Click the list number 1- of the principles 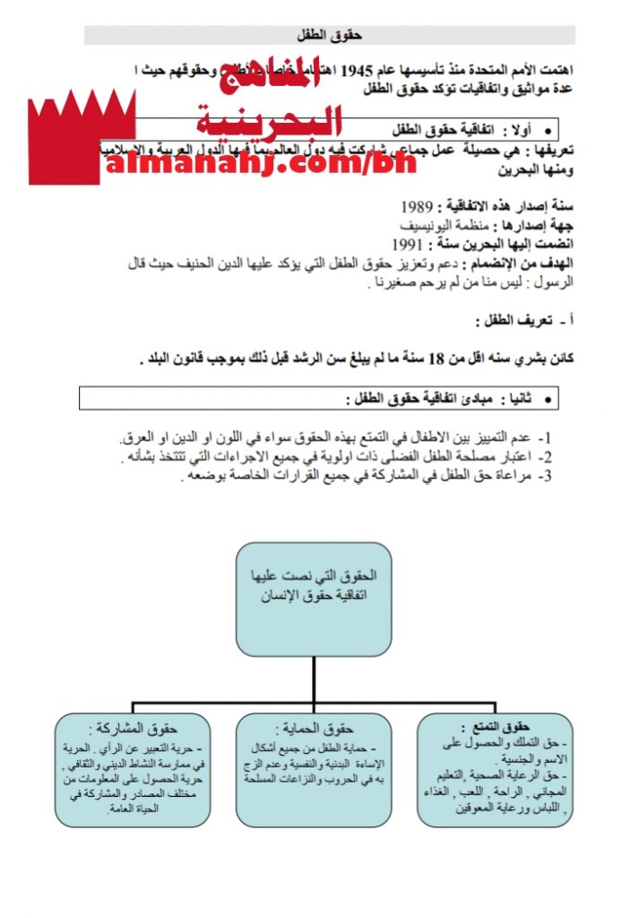click(x=543, y=439)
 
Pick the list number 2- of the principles click(x=543, y=457)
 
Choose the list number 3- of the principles click(x=543, y=475)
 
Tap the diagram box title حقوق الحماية click(x=313, y=728)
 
